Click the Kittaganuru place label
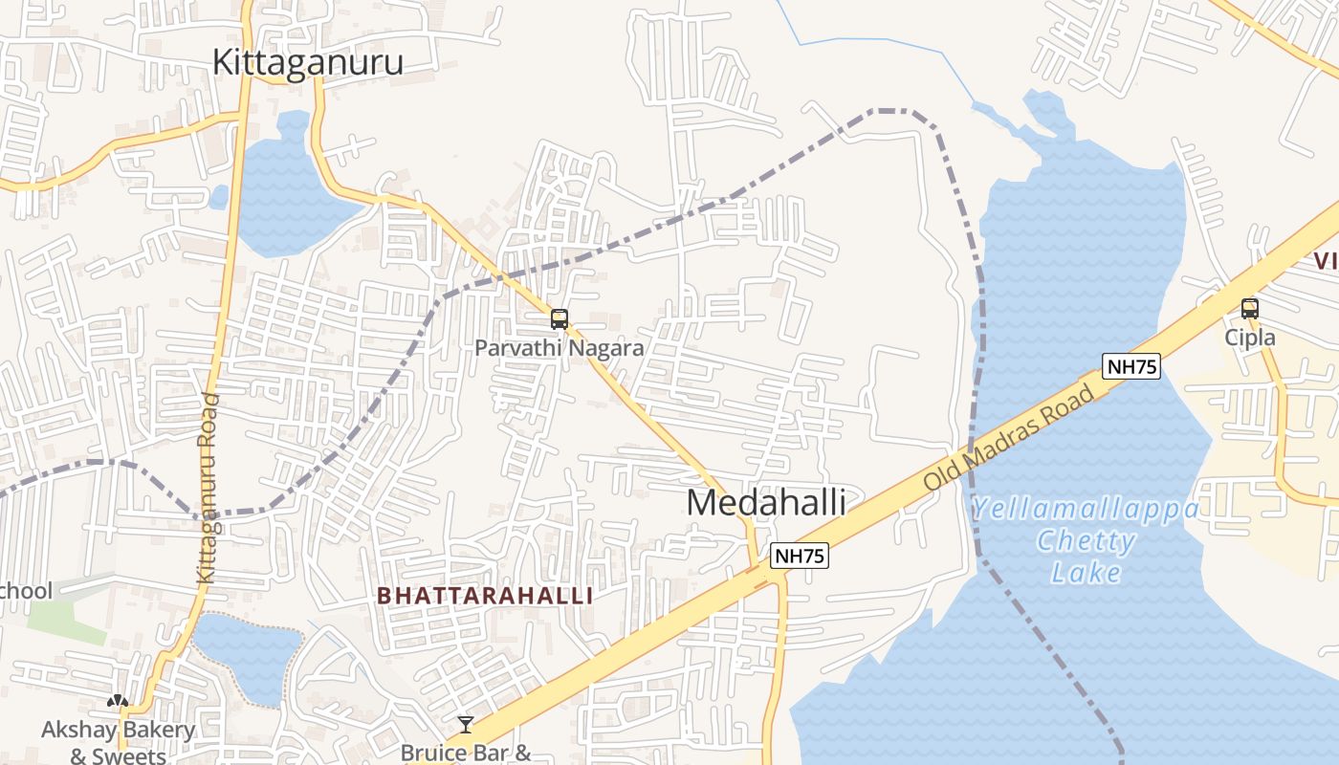click(x=307, y=62)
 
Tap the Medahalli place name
click(x=766, y=502)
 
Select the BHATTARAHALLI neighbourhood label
click(x=485, y=596)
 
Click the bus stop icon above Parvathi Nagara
click(x=560, y=319)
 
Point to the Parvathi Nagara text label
click(x=560, y=348)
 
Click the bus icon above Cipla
click(x=1250, y=309)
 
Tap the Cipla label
click(x=1250, y=338)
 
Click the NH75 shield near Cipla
click(x=1130, y=366)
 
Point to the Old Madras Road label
click(x=1008, y=437)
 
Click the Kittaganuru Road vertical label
click(x=207, y=488)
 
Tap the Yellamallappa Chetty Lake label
click(x=1086, y=540)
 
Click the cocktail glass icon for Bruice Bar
click(x=465, y=725)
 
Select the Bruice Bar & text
click(x=466, y=753)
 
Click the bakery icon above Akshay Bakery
click(x=118, y=701)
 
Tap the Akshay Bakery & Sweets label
click(x=118, y=743)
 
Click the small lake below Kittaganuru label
click(x=277, y=191)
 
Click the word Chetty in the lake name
click(x=1087, y=541)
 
